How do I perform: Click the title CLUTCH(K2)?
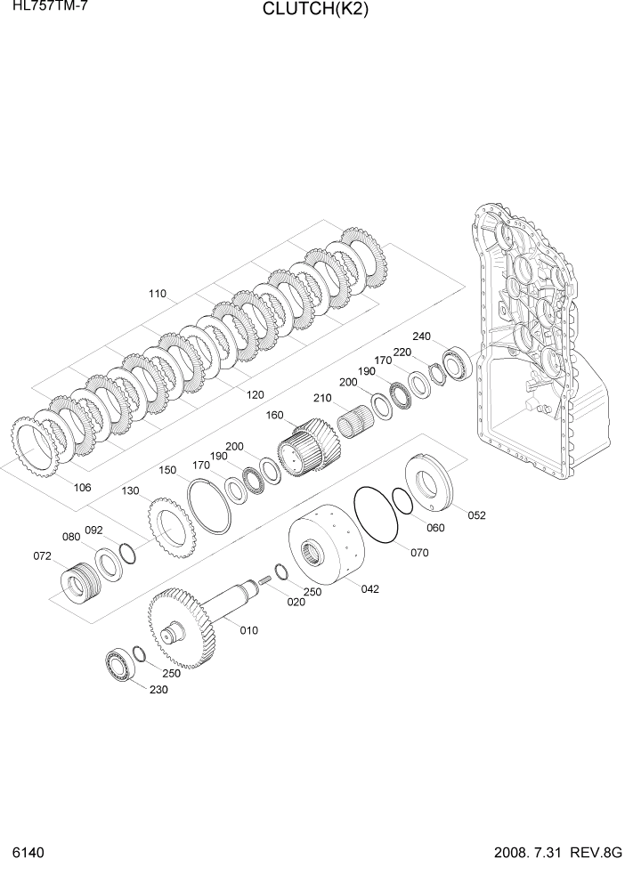point(314,11)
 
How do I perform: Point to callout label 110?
point(157,293)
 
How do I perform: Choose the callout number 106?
point(82,487)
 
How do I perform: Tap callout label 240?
point(421,336)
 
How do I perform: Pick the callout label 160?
point(274,415)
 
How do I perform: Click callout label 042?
point(369,587)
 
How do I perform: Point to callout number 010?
point(248,630)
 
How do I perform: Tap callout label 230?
point(158,691)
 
